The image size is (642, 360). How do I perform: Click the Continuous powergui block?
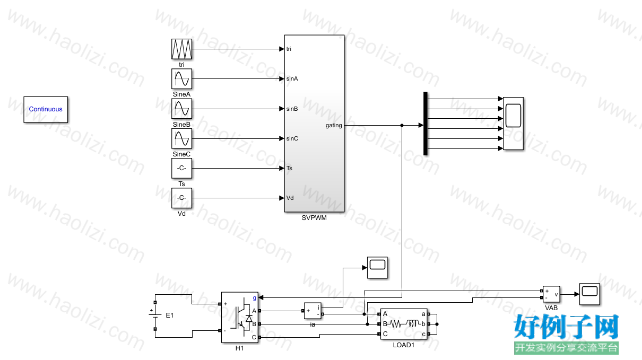tap(46, 109)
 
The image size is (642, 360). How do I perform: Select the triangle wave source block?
tap(181, 49)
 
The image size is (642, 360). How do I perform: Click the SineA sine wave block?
tap(181, 79)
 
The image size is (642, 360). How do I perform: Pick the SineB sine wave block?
tap(181, 109)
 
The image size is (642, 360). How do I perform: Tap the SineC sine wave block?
tap(181, 138)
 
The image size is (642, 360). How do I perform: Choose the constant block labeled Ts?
tap(181, 168)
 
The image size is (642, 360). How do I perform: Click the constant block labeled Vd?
tap(181, 198)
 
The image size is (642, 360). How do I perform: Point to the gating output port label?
tap(334, 126)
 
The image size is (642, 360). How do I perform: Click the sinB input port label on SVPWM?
tap(292, 109)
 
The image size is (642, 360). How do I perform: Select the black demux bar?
tap(426, 124)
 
